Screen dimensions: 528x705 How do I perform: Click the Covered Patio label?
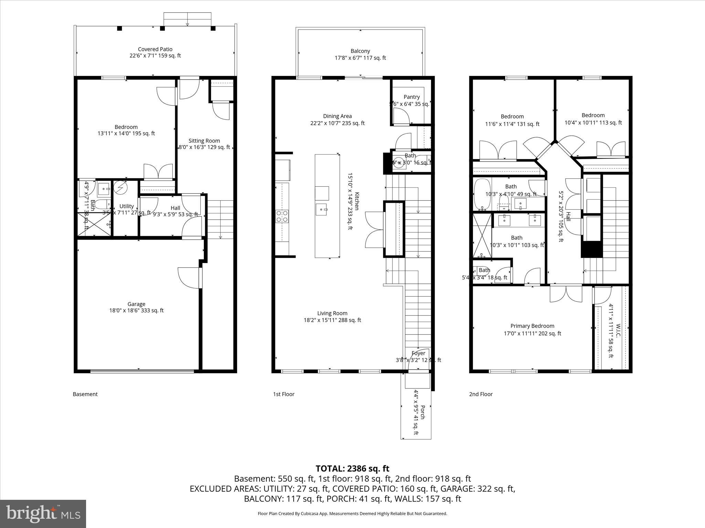click(155, 49)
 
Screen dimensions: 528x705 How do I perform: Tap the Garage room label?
click(136, 304)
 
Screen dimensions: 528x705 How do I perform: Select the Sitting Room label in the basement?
click(204, 141)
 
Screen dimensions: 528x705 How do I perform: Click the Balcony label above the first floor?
click(360, 51)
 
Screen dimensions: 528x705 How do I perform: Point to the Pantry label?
click(412, 97)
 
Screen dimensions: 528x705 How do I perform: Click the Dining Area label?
click(337, 116)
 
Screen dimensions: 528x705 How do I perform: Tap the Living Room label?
click(332, 313)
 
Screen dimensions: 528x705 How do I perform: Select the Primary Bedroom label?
click(532, 326)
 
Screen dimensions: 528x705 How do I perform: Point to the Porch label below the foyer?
click(423, 412)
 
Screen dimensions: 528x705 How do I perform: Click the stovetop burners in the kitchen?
click(282, 216)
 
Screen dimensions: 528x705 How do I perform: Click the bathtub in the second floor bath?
click(482, 194)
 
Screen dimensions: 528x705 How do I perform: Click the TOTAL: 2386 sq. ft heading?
click(352, 469)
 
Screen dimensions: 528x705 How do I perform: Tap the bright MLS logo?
click(43, 514)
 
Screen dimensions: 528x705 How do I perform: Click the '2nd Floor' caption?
click(481, 394)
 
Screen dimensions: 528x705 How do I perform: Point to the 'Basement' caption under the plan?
click(85, 394)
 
